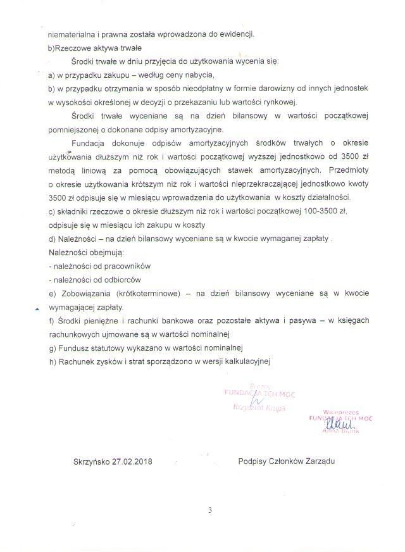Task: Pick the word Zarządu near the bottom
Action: (318, 461)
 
